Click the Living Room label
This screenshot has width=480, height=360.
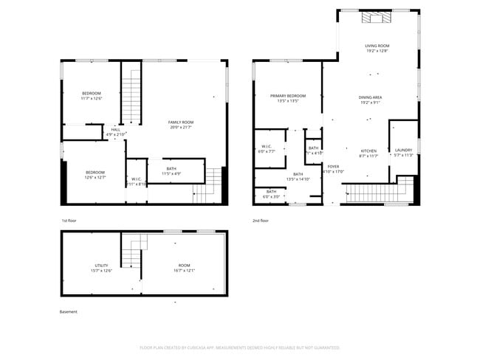pos(377,46)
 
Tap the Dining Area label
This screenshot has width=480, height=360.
pos(370,97)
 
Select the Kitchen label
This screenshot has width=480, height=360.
pos(368,150)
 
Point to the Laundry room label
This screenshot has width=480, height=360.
pos(402,150)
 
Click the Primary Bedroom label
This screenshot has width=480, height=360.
pos(287,96)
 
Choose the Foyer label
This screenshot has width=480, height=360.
pos(334,167)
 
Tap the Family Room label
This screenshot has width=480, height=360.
pos(180,122)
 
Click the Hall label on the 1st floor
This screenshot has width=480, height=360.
pos(116,130)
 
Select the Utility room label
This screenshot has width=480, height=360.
pos(101,265)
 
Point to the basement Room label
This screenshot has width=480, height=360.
pos(184,265)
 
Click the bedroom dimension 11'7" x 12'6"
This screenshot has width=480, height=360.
pos(92,98)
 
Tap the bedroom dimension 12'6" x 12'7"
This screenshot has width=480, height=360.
pos(95,177)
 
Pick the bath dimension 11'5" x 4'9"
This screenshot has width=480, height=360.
pos(171,173)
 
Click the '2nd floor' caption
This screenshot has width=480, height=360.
pos(261,221)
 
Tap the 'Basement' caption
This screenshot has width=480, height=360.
pos(68,312)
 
